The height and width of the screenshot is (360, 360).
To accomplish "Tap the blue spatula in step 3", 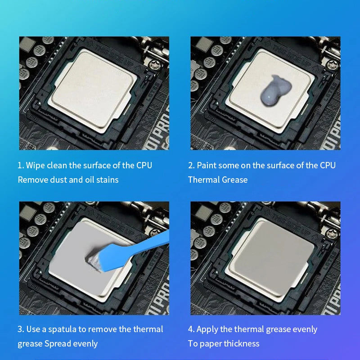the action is click(129, 252).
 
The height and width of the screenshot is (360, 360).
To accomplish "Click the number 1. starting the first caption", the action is click(21, 166).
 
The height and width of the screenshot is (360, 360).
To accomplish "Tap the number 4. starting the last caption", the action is click(191, 329).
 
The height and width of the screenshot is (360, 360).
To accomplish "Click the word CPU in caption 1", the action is click(144, 166).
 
